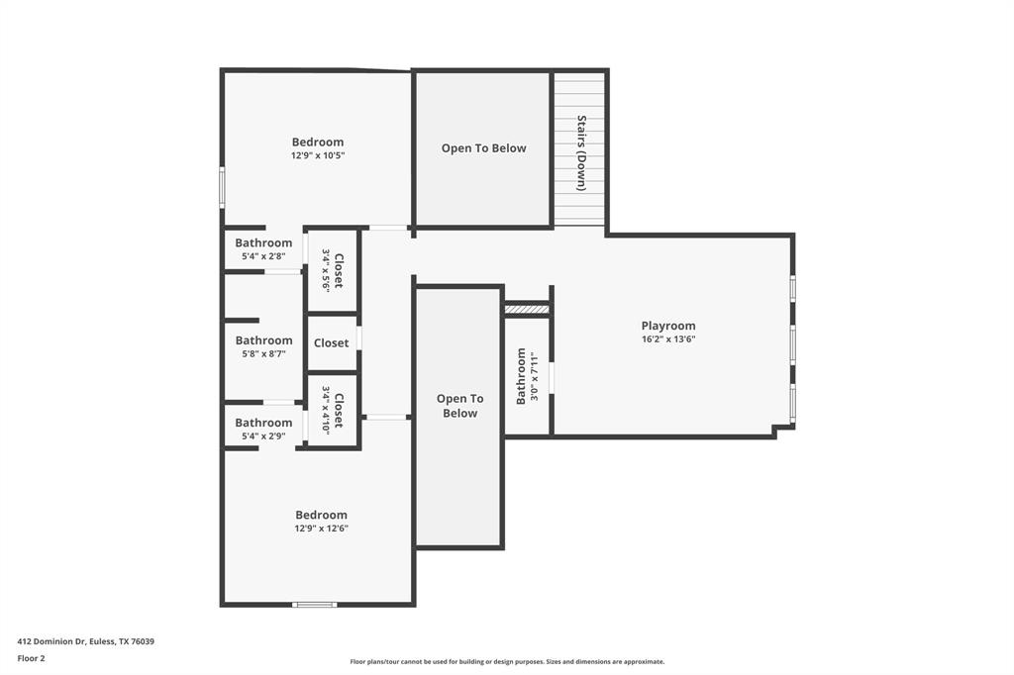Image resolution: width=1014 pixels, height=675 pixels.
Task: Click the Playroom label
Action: (x=668, y=326)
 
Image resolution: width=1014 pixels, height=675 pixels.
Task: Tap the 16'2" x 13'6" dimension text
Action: (x=668, y=339)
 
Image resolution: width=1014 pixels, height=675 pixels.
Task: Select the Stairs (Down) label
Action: (x=582, y=152)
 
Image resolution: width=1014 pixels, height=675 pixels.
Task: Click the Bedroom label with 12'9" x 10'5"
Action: (x=318, y=142)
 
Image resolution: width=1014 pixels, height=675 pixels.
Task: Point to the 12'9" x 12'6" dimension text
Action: (x=321, y=529)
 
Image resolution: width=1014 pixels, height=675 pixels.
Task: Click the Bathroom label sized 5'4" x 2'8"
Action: (x=263, y=242)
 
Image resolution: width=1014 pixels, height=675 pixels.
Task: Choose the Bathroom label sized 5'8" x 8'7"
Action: (x=263, y=340)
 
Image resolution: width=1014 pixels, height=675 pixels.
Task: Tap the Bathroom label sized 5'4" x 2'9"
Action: (x=263, y=423)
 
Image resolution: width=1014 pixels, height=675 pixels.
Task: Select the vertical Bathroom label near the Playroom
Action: (x=521, y=376)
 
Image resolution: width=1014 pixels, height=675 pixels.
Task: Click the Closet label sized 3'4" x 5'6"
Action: (x=339, y=270)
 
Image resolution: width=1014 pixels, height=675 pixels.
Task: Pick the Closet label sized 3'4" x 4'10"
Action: (x=339, y=411)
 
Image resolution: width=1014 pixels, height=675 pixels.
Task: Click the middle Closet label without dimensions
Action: (x=331, y=343)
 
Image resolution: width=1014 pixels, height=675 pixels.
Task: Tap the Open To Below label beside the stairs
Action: (x=483, y=148)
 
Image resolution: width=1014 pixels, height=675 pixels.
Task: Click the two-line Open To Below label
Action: (x=459, y=406)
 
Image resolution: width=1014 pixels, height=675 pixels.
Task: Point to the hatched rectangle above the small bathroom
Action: (x=527, y=310)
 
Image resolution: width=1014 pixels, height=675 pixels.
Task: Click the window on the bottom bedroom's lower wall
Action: (x=315, y=604)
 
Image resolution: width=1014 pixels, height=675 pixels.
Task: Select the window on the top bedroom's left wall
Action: (x=222, y=187)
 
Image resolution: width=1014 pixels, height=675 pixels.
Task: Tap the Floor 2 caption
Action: (x=31, y=658)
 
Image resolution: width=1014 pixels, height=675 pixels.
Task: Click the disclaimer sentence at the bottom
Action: (x=507, y=662)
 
